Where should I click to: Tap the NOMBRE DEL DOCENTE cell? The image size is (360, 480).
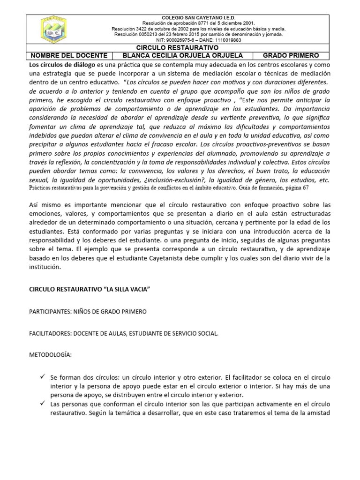click(x=69, y=55)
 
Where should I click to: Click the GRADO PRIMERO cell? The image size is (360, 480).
click(x=291, y=55)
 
